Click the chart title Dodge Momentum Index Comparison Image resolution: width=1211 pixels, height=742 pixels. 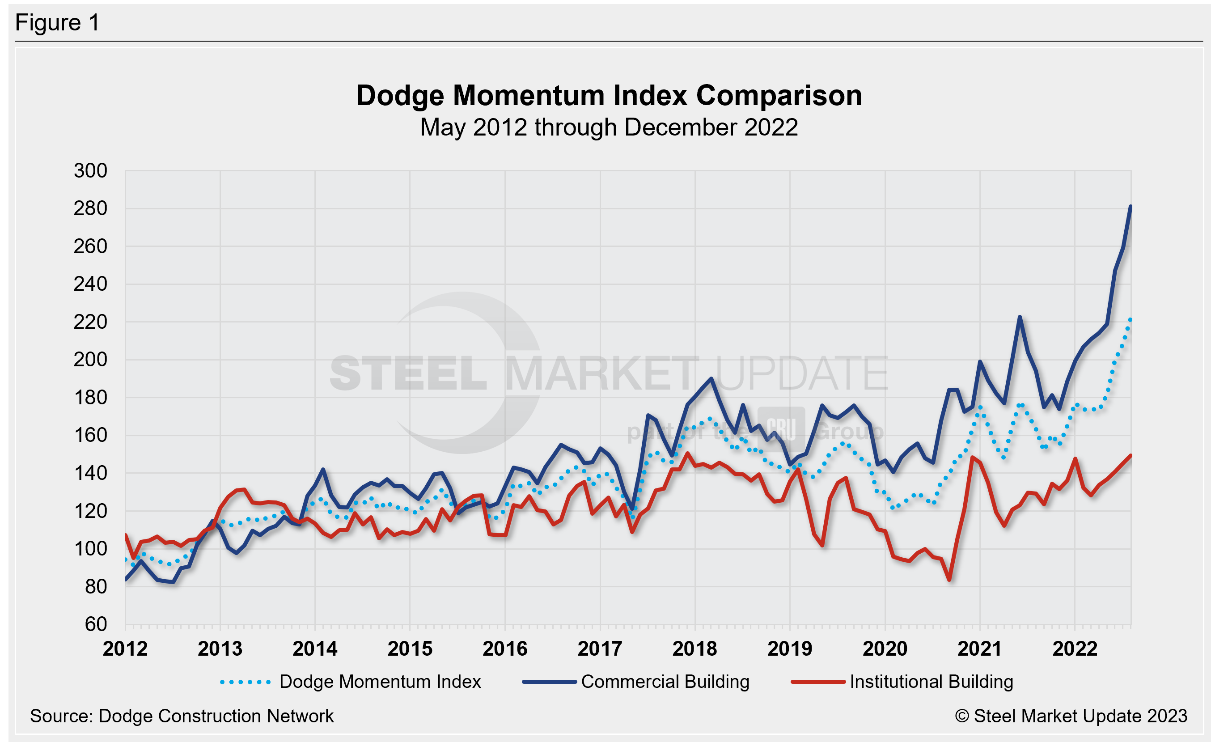pos(609,95)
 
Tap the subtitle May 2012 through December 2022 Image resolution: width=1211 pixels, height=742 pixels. pos(609,127)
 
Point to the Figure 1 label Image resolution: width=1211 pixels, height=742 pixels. pos(58,23)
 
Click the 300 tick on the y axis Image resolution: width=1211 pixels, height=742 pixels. pos(90,171)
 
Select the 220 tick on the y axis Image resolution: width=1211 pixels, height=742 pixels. pos(90,322)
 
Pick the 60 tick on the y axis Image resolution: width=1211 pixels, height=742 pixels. pos(96,624)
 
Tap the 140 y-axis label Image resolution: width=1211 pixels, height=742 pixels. pos(90,474)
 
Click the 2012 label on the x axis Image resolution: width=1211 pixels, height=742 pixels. pos(125,649)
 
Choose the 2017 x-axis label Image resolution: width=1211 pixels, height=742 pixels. pos(600,649)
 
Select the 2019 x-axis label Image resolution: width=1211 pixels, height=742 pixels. pos(789,649)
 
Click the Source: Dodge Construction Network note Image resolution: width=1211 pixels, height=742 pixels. pos(182,717)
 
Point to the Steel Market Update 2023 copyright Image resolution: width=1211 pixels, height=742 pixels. pos(1071,717)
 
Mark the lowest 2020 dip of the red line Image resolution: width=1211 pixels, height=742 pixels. pos(949,580)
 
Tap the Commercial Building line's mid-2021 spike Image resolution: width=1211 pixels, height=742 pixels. pos(1020,317)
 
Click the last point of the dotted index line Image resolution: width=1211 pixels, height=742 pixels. pos(1131,320)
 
